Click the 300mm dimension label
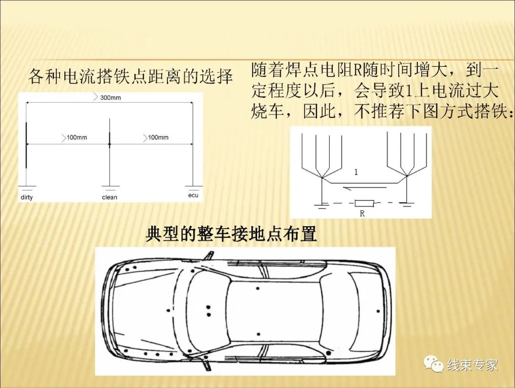(110, 98)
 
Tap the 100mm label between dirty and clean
(76, 137)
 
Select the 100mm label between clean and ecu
(158, 137)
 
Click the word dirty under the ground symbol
(27, 197)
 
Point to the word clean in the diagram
(109, 197)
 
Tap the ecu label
(193, 195)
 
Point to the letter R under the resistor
(362, 214)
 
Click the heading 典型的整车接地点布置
(231, 235)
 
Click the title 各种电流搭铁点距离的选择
(130, 76)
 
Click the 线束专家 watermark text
(472, 366)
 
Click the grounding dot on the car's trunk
(378, 311)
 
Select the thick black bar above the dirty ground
(26, 145)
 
